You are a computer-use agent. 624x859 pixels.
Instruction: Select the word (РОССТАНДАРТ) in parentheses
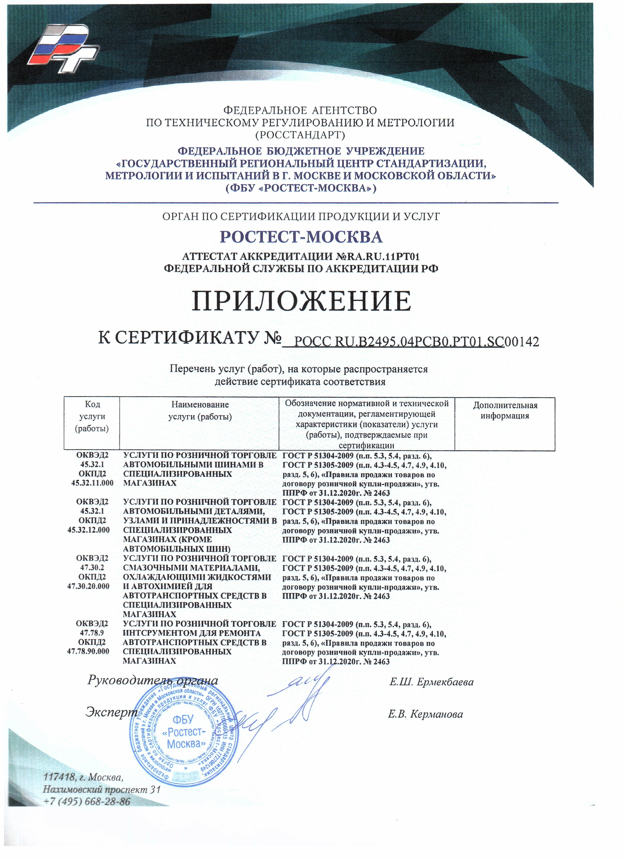(300, 134)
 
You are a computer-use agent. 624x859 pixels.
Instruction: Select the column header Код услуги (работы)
(92, 416)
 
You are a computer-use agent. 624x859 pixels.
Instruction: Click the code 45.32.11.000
(92, 483)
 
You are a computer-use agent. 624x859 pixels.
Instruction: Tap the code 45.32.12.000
(89, 530)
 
